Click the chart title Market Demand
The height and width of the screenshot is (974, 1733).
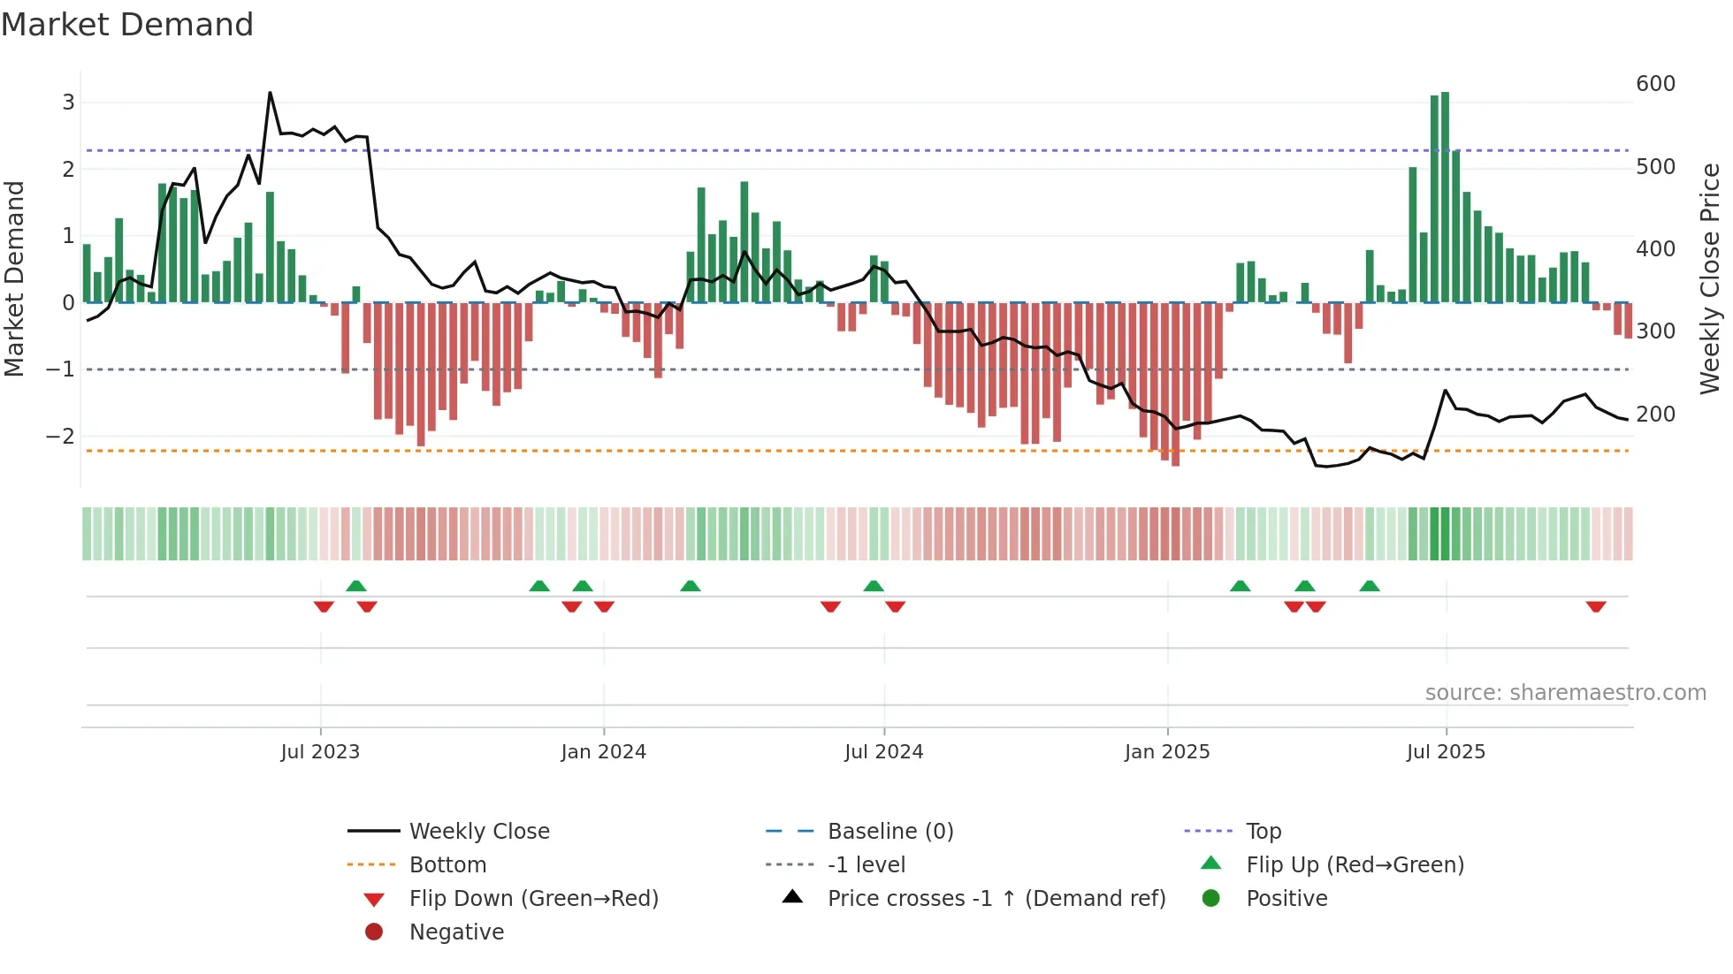(127, 25)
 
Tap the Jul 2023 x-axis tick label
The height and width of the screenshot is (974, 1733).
(320, 752)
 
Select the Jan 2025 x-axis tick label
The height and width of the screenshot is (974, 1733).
(1167, 752)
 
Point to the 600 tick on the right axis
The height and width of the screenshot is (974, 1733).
(1655, 84)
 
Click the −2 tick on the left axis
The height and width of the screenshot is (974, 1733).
(61, 437)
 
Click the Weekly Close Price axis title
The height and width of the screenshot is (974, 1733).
(1710, 278)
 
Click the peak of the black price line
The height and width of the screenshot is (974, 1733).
(270, 93)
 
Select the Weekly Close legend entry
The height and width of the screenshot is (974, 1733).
(478, 832)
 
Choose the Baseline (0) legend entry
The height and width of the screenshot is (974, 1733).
(889, 832)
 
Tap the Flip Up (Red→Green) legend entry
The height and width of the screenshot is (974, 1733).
(1355, 865)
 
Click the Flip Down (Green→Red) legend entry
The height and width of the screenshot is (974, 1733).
(533, 899)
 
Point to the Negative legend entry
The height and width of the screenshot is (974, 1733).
(456, 932)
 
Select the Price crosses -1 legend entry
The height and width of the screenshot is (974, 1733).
(996, 899)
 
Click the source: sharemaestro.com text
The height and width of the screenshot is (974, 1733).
(1565, 693)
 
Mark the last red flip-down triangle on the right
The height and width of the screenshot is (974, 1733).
(1596, 607)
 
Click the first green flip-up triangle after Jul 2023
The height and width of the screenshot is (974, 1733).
(356, 586)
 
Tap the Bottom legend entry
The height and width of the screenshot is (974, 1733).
(447, 865)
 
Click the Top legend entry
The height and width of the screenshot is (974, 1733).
(1263, 832)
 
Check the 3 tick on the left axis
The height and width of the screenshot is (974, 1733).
(68, 103)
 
